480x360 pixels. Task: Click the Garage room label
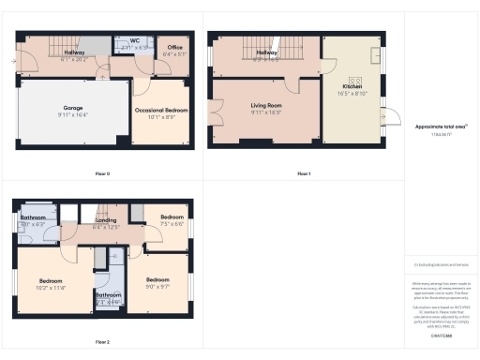pos(72,108)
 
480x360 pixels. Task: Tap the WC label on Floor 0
pos(134,40)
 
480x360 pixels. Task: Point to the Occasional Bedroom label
pos(161,110)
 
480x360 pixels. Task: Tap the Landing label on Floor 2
pos(106,220)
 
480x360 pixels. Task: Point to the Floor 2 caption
pos(102,342)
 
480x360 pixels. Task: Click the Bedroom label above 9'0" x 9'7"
pos(157,280)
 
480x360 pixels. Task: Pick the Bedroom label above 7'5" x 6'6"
pos(172,217)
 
